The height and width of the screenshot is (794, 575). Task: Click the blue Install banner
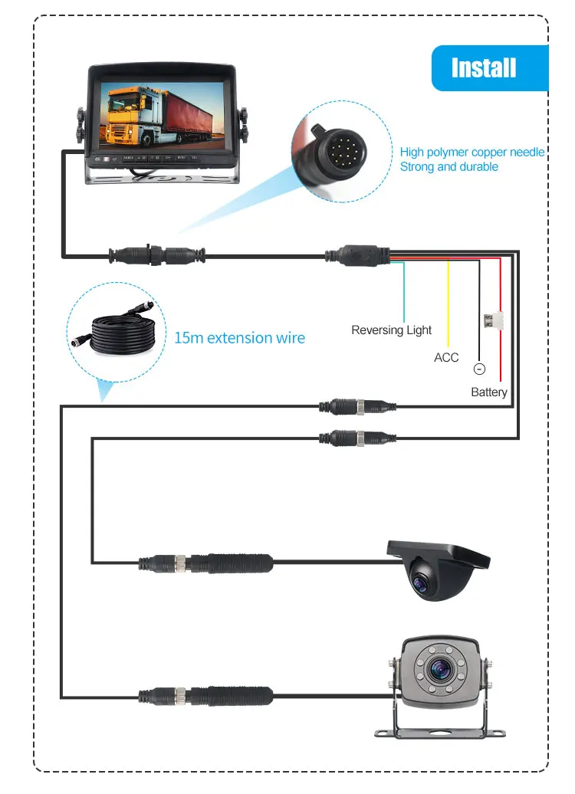coord(484,67)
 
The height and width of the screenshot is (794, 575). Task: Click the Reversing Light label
coord(391,330)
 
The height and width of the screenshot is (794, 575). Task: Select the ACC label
coord(446,357)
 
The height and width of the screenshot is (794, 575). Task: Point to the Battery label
coord(489,392)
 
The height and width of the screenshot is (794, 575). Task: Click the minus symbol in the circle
coord(480,369)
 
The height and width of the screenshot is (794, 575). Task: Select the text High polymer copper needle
coord(472,153)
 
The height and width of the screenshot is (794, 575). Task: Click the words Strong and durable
coord(449,166)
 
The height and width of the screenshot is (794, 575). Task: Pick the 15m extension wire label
coord(239,338)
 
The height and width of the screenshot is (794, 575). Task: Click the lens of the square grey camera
coord(440,670)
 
